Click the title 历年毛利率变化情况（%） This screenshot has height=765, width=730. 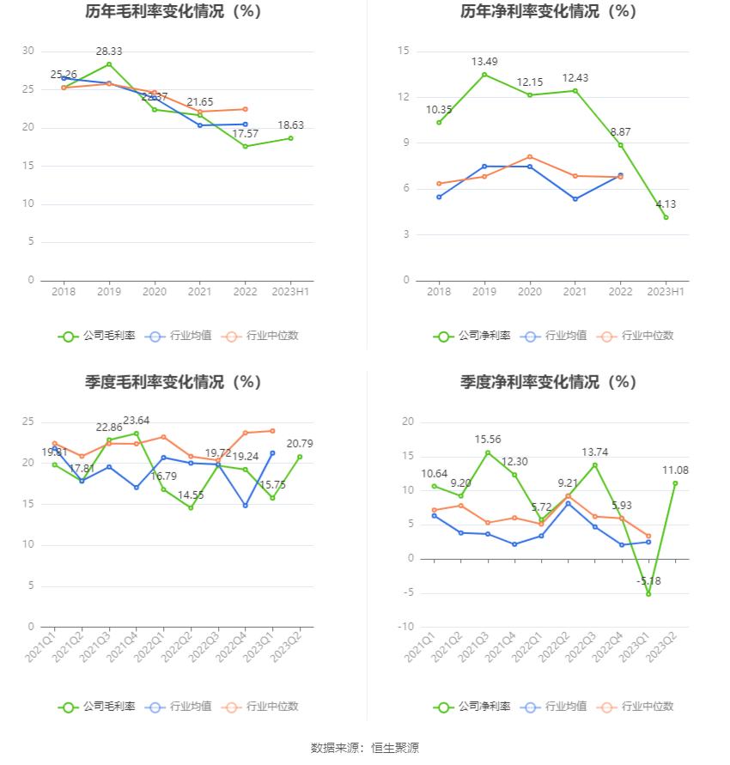173,12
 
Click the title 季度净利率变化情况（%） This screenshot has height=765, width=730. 547,382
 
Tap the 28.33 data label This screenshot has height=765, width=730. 109,52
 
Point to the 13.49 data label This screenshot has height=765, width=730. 484,62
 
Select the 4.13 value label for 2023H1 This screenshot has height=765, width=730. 666,204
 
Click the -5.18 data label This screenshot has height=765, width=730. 648,581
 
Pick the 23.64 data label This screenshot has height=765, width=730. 137,421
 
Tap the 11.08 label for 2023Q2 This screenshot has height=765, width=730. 675,471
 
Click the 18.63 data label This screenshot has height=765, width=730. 290,125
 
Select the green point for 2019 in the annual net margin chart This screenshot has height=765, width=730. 484,75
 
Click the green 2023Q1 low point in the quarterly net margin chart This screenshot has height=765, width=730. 648,594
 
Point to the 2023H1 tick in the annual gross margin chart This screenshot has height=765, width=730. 290,293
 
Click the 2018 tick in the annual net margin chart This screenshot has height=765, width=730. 439,293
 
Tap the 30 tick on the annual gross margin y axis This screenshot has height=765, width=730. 28,52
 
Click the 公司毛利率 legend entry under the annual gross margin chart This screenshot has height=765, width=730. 97,337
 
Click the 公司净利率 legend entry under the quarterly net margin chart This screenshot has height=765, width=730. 471,707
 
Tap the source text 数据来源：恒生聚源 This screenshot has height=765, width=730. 365,748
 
